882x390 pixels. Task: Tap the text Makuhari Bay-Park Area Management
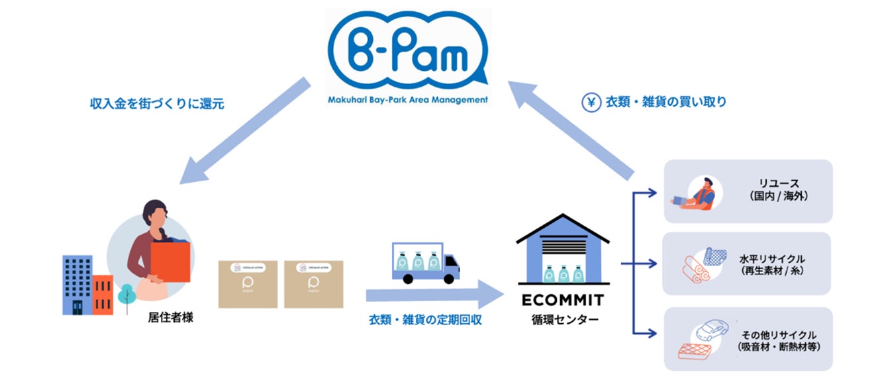point(408,100)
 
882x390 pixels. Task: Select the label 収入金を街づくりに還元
point(157,104)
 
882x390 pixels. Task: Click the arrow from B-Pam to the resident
point(244,132)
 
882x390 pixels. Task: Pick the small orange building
point(103,294)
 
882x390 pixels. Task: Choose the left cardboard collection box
point(248,283)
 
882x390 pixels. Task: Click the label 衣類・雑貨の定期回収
point(425,320)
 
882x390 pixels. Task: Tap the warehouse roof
point(563,228)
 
